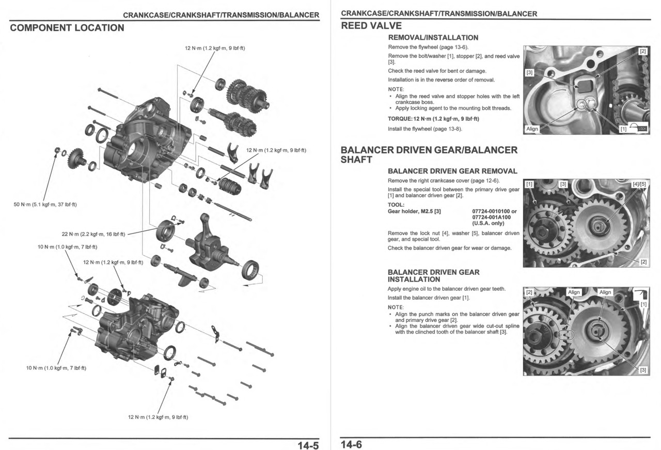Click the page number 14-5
(x=308, y=444)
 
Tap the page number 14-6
(x=351, y=444)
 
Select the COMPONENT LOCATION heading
(x=67, y=28)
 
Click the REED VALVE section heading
(x=371, y=26)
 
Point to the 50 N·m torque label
(x=45, y=205)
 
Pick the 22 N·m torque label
(x=93, y=234)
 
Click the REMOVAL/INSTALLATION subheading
(x=433, y=38)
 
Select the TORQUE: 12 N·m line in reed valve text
(x=433, y=119)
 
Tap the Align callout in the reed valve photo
(x=532, y=129)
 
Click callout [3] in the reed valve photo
(x=529, y=72)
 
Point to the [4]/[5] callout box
(x=638, y=184)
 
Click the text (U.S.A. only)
(x=488, y=223)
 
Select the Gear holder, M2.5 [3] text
(x=414, y=211)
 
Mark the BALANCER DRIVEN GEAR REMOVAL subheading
(x=452, y=171)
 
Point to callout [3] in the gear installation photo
(x=643, y=370)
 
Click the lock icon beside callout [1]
(x=641, y=129)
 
